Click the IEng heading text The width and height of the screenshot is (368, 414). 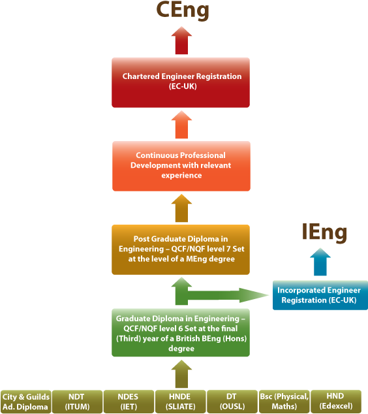(x=324, y=232)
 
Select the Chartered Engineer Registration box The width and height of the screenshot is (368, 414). (x=181, y=82)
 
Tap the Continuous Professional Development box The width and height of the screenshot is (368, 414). (x=181, y=166)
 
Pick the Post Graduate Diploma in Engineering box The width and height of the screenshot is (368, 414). (x=181, y=249)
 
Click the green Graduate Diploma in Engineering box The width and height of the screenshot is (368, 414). (x=181, y=333)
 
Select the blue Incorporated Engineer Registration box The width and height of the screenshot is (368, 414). (x=320, y=295)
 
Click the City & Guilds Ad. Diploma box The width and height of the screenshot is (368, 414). (x=25, y=402)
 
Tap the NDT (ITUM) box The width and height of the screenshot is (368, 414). (x=77, y=402)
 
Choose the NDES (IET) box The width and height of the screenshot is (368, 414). (x=129, y=402)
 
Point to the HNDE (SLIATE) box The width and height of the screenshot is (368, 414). (x=181, y=402)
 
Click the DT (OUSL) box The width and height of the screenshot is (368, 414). (x=232, y=402)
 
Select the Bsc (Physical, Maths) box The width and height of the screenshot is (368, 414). (x=283, y=402)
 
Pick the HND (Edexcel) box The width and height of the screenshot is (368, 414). (x=335, y=402)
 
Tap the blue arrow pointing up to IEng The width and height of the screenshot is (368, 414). (x=320, y=263)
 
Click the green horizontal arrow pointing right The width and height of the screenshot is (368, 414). (x=225, y=295)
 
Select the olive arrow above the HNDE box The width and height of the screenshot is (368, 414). (x=181, y=375)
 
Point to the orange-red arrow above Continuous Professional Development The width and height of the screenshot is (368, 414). (x=181, y=125)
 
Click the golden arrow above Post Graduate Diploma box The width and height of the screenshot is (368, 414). (x=181, y=209)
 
